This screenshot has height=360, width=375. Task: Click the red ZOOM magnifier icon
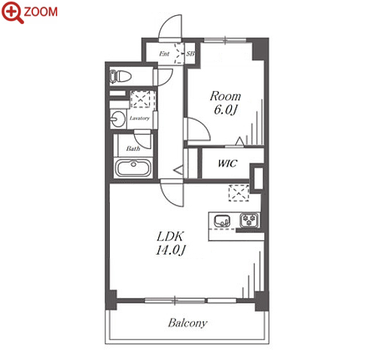[13, 12]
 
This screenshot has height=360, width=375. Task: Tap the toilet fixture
[120, 76]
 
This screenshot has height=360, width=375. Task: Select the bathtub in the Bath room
[133, 167]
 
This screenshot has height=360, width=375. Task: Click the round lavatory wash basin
[118, 119]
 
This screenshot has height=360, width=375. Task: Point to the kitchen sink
[222, 221]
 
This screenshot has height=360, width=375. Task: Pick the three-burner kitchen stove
[249, 220]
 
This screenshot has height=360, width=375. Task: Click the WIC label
[227, 163]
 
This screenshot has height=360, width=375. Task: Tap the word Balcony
[187, 323]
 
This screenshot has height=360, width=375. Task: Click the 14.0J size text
[171, 250]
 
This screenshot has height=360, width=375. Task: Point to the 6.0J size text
[225, 109]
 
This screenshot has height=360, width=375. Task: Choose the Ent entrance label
[164, 53]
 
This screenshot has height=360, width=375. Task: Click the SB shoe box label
[191, 53]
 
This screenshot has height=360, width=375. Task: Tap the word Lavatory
[139, 118]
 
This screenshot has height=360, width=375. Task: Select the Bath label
[133, 148]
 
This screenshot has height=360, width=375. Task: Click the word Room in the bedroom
[225, 96]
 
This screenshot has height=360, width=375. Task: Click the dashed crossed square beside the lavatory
[140, 99]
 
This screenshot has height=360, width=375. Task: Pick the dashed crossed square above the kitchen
[239, 193]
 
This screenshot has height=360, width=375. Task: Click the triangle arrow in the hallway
[179, 169]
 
